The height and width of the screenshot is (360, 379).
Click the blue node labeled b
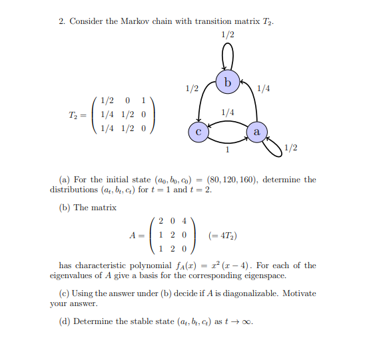click(x=228, y=83)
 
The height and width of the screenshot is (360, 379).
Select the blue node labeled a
click(x=256, y=131)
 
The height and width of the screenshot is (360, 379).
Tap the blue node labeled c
click(x=198, y=131)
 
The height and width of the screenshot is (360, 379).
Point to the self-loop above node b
click(x=228, y=56)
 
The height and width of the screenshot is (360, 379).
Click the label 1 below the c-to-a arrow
click(x=227, y=149)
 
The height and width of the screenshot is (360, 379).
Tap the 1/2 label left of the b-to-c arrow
click(x=191, y=88)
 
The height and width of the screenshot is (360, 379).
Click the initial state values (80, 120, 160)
click(x=232, y=180)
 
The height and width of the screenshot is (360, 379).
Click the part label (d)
click(x=65, y=322)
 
